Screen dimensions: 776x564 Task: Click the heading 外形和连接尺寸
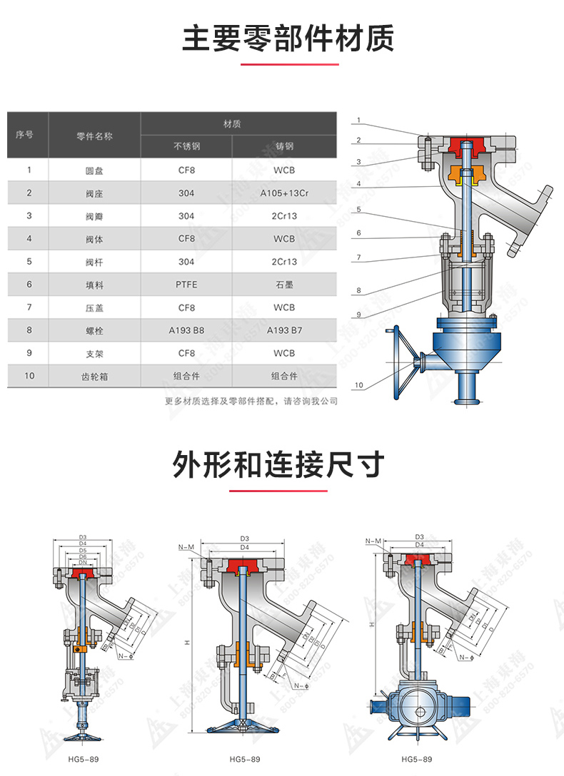tap(278, 465)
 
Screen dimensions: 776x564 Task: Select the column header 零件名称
tap(95, 135)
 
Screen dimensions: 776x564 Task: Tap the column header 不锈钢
tap(187, 147)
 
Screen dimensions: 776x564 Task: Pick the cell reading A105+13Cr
tap(283, 193)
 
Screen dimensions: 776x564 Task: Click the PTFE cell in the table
tap(187, 285)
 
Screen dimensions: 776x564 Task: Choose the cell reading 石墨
tap(283, 285)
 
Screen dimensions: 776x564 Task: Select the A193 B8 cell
tap(187, 330)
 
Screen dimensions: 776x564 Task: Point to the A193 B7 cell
tap(283, 330)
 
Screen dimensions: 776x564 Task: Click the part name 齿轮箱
tap(95, 376)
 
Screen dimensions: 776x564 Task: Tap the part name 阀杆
tap(95, 262)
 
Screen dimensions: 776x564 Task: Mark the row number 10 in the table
tap(29, 376)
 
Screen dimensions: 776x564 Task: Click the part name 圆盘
tap(95, 170)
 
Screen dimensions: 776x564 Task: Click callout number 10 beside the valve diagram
tap(358, 385)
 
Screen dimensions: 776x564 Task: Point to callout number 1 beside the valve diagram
tap(358, 120)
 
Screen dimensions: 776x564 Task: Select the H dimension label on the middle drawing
tap(187, 643)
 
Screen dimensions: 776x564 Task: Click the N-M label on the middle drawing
tap(188, 547)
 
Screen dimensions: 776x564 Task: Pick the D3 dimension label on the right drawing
tap(419, 536)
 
